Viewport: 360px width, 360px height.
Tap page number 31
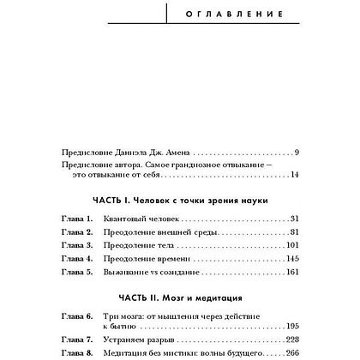(x=292, y=219)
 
